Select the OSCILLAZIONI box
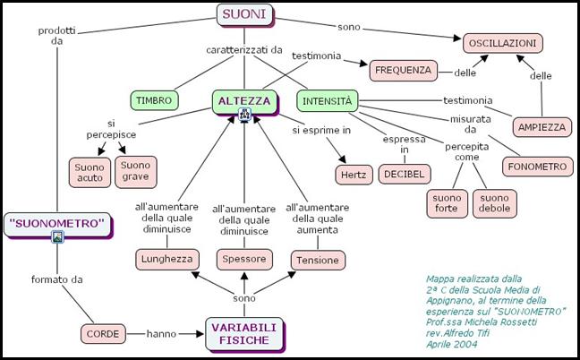[x=503, y=42]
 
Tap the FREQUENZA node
[x=404, y=69]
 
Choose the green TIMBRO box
[x=154, y=100]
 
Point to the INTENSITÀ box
[x=327, y=100]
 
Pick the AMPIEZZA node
[x=542, y=127]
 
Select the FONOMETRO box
[x=536, y=166]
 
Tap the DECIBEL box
[x=405, y=173]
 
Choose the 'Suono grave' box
[x=136, y=171]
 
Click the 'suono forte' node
[x=447, y=202]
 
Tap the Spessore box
[x=243, y=260]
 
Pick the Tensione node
[x=318, y=260]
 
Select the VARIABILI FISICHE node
[x=244, y=333]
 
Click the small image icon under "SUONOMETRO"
[x=57, y=237]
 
